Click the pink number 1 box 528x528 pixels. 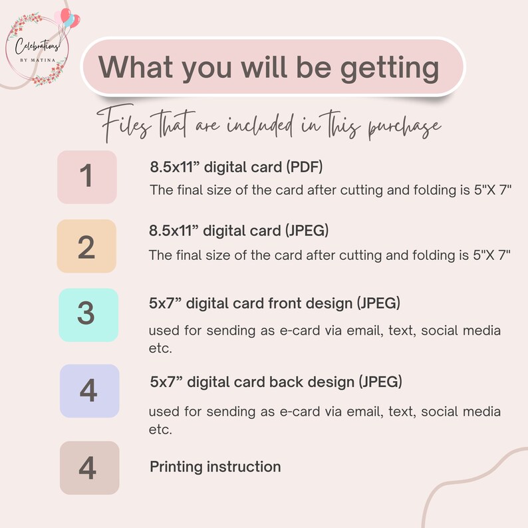point(87,177)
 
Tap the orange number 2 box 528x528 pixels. point(86,246)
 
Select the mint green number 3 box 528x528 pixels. point(88,315)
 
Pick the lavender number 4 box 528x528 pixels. point(90,391)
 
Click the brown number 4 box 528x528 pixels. point(90,467)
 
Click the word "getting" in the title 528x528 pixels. point(390,68)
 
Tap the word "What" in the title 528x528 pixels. point(136,66)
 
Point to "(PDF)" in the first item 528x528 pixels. point(305,167)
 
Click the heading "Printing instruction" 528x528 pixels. point(215,467)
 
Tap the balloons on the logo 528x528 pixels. point(68,19)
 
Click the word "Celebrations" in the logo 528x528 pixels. point(37,46)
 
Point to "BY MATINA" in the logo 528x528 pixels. point(38,61)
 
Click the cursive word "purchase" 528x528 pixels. point(404,127)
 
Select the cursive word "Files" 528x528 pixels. point(123,123)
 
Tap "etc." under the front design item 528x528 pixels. point(160,348)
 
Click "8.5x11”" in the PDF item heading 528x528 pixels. point(175,167)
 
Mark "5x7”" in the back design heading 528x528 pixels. point(166,382)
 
